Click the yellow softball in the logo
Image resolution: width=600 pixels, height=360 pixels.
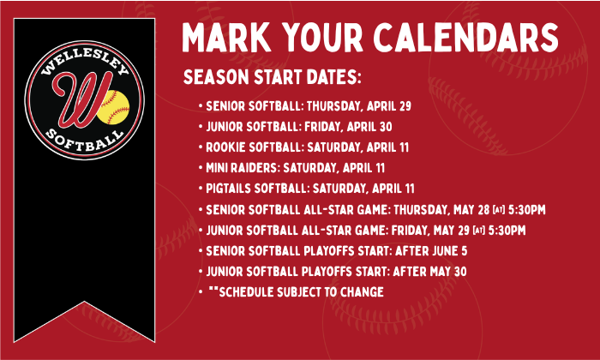113,105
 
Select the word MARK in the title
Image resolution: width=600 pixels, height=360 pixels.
222,37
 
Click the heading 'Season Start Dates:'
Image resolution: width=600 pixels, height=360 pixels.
273,78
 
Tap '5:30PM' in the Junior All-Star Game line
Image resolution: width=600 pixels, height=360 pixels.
507,230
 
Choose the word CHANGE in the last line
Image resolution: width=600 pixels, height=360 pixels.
361,292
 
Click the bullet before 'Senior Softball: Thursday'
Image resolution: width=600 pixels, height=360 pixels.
200,106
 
